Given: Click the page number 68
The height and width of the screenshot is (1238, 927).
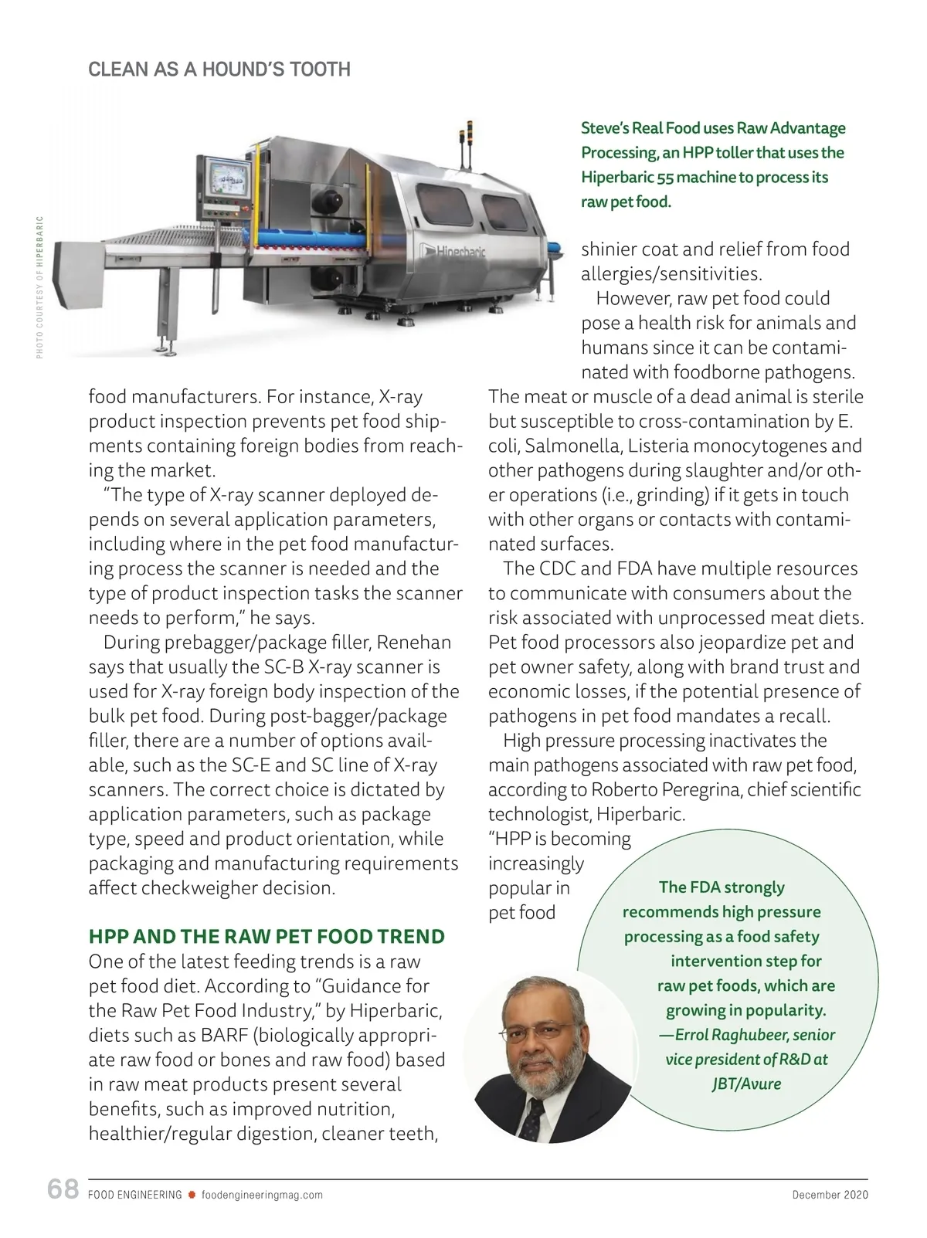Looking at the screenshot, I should point(63,1189).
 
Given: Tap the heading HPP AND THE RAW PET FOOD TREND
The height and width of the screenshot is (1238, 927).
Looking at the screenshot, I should point(267,937).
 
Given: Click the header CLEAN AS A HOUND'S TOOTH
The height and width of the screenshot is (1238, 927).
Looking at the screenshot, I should point(219,70).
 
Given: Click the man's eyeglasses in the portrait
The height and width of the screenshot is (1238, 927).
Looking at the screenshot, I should point(535,1033).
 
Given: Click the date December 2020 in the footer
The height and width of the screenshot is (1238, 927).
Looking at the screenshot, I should point(830,1195).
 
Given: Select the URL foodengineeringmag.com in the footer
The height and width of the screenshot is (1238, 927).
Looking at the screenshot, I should point(262,1195).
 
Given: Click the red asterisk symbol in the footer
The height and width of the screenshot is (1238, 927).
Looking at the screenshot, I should point(192,1195).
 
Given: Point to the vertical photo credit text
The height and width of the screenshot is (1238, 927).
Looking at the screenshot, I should point(40,286).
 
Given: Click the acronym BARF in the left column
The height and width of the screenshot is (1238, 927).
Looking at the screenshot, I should point(223,1036).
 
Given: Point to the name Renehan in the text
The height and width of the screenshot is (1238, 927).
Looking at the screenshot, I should point(414,643).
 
